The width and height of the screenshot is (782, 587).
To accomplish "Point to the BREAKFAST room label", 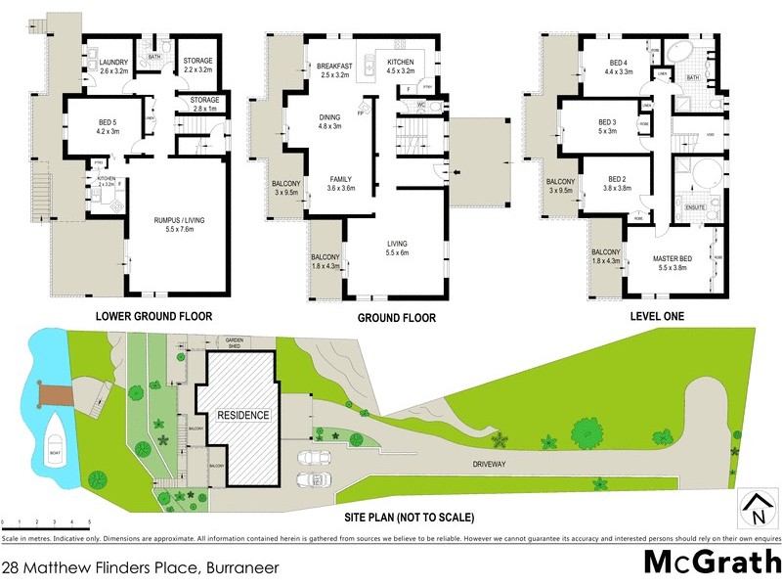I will pyautogui.click(x=335, y=66).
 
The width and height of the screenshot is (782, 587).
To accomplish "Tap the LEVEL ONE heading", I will pyautogui.click(x=657, y=316).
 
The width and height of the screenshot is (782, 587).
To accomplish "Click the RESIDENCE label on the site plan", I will pyautogui.click(x=242, y=415).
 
